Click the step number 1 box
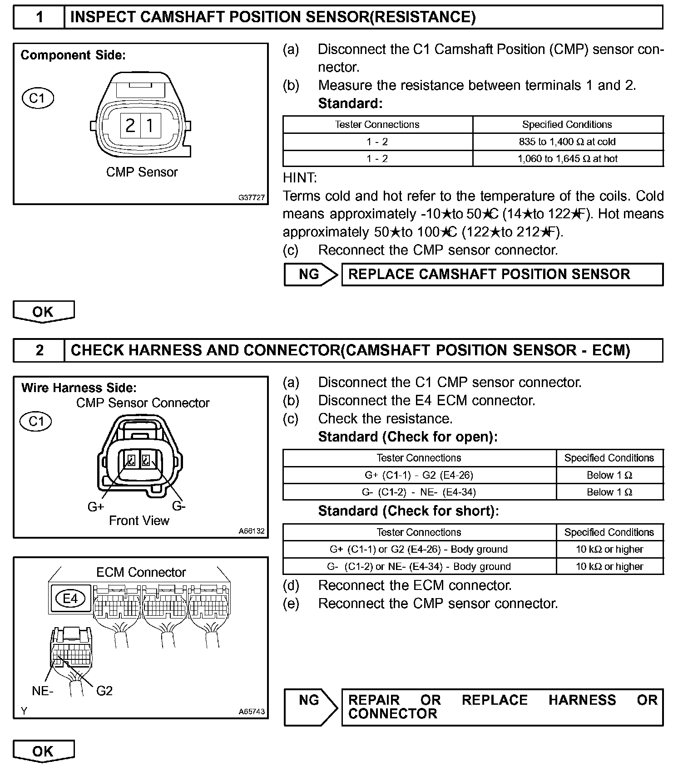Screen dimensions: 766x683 (x=40, y=17)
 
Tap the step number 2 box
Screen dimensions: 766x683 (x=40, y=350)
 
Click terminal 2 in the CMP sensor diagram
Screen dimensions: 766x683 (x=130, y=125)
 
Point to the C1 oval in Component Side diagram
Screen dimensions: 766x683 (x=38, y=98)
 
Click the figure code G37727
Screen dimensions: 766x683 (x=251, y=197)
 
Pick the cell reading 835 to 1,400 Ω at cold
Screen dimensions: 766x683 (x=567, y=142)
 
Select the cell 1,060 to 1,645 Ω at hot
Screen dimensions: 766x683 (x=567, y=158)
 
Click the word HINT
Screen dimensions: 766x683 (x=300, y=177)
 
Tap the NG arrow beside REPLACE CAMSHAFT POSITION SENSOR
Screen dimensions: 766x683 (x=311, y=274)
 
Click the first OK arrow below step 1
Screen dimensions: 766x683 (x=43, y=312)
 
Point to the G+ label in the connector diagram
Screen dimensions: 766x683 (x=96, y=507)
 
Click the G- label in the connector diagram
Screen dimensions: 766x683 (x=178, y=506)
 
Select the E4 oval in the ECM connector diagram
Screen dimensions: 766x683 (x=70, y=599)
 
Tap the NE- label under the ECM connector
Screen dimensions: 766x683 (x=43, y=691)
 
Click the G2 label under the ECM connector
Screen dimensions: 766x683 (x=104, y=691)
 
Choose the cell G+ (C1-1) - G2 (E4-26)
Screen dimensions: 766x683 (x=419, y=475)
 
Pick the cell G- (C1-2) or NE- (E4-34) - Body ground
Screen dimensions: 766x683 (x=419, y=566)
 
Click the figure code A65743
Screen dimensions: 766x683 (x=251, y=712)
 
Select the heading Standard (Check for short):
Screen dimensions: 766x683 (x=408, y=511)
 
